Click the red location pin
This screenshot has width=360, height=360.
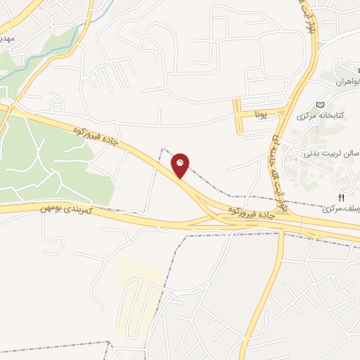point(181,165)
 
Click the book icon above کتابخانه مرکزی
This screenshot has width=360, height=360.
point(321,103)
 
